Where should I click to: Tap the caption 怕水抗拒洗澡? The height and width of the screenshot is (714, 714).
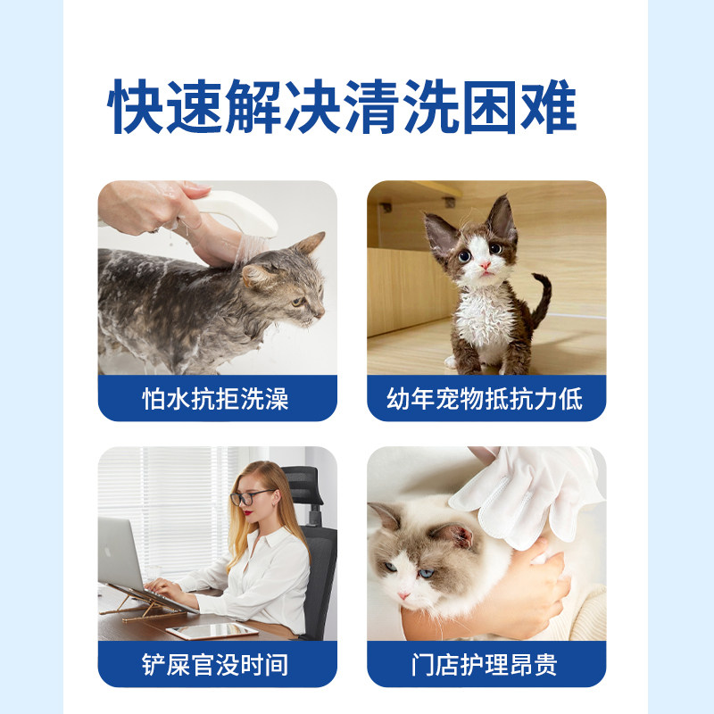217,398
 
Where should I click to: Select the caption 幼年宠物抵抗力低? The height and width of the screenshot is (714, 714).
486,398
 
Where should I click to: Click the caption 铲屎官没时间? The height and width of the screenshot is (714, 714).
217,664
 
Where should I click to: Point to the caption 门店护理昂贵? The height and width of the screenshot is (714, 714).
486,664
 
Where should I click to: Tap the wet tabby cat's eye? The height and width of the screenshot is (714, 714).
296,301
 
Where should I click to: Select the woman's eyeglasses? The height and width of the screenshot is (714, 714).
250,496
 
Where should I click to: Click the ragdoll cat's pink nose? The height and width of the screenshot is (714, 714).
403,594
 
